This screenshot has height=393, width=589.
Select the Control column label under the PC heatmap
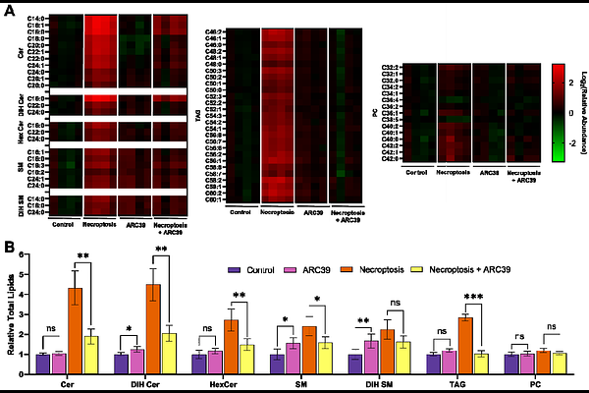417,173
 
